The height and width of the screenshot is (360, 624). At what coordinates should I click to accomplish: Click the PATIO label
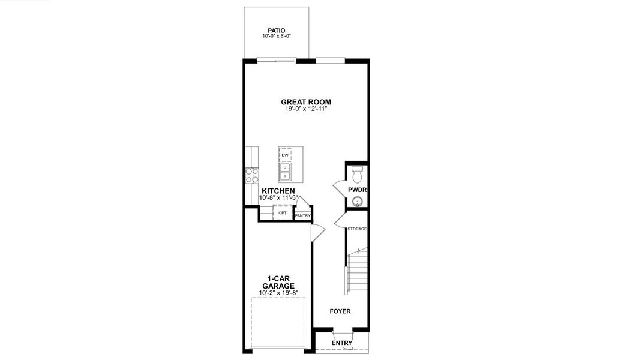tap(276, 30)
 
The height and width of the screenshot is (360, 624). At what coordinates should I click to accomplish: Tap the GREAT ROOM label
tap(306, 102)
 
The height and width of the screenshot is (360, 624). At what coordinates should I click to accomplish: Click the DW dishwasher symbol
tap(285, 155)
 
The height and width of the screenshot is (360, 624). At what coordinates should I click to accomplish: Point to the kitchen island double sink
tap(286, 173)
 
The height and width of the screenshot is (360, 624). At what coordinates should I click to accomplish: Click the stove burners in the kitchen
tap(251, 175)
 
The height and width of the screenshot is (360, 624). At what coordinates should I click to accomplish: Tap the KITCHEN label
tap(278, 191)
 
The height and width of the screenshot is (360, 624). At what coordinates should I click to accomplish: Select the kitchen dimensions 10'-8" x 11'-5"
tap(278, 198)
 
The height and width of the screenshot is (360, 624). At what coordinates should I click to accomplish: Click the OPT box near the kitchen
tap(282, 213)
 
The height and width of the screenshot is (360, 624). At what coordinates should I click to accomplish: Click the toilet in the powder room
tap(358, 175)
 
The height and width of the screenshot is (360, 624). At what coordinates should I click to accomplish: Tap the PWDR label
tap(357, 190)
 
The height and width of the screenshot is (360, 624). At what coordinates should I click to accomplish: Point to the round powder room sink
tap(358, 202)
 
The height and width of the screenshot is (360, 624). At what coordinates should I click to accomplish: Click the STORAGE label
tap(357, 229)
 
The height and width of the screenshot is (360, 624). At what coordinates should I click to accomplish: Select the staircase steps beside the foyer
tap(358, 270)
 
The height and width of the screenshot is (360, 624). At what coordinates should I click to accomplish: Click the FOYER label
tap(340, 311)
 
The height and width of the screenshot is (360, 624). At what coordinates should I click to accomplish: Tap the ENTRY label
tap(342, 343)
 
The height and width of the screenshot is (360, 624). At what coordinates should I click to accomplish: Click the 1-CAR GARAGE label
tap(278, 282)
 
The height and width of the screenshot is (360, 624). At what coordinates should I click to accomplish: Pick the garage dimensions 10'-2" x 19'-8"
tap(278, 293)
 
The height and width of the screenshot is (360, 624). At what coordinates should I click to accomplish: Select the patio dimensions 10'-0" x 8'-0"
tap(276, 37)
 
